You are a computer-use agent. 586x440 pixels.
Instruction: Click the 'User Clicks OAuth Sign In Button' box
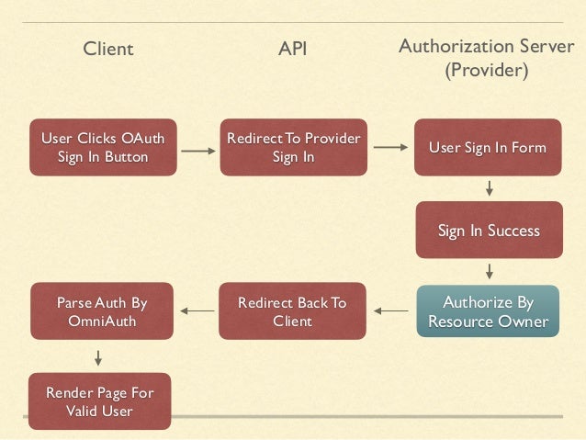tap(102, 147)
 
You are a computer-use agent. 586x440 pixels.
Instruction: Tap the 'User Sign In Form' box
tap(488, 148)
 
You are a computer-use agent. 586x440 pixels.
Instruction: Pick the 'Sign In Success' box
tap(488, 231)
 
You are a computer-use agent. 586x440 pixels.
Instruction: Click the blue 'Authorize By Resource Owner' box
tap(488, 311)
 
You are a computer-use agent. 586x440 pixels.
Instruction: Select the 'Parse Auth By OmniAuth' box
tap(101, 311)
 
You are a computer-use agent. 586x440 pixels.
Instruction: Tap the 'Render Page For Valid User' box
tap(100, 401)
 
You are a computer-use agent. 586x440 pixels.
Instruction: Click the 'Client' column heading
tap(108, 49)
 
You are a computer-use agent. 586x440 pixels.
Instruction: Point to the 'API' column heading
tap(292, 49)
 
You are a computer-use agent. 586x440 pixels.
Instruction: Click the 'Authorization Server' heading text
tap(486, 46)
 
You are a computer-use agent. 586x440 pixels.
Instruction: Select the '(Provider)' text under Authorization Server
tap(486, 70)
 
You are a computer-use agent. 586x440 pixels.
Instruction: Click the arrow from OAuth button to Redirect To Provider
tap(196, 147)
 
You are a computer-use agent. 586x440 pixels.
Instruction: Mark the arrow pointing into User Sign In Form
tap(391, 147)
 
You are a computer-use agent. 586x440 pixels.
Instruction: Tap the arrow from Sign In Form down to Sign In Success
tap(489, 188)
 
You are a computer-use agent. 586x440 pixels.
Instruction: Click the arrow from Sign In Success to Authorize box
tap(489, 271)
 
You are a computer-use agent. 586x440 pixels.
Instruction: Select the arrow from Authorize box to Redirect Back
tap(392, 311)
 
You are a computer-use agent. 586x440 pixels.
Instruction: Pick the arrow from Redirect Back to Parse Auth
tap(197, 311)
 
